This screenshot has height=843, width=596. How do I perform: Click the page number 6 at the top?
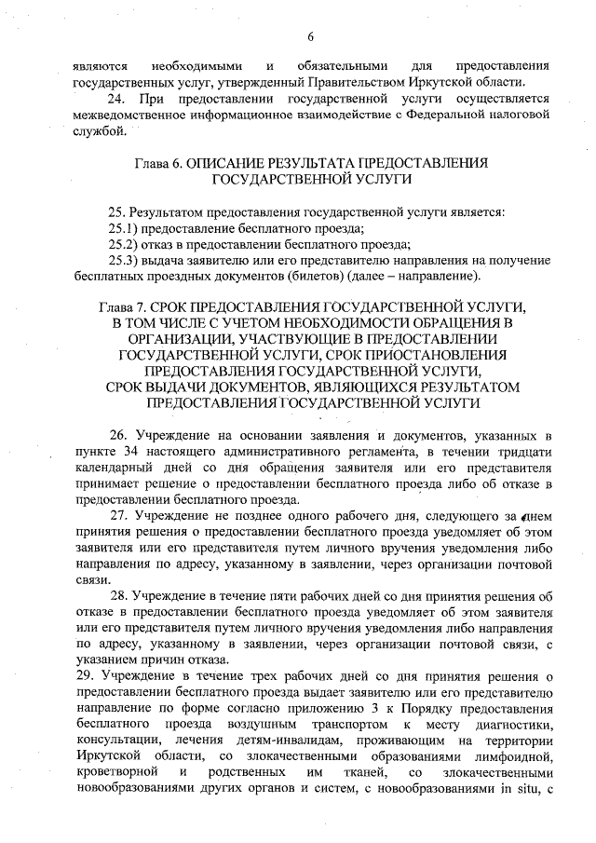(310, 36)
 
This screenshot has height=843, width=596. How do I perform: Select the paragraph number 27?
(118, 515)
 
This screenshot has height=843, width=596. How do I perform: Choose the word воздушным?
(234, 724)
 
